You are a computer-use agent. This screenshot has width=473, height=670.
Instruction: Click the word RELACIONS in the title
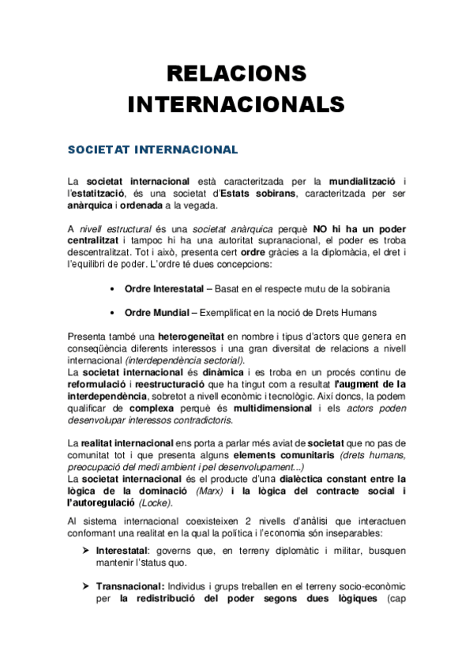click(236, 75)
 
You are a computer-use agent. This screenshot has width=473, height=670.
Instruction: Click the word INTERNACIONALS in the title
click(236, 104)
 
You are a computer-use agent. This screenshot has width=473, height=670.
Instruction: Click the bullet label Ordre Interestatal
click(161, 288)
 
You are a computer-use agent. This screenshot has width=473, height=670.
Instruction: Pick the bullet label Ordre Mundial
click(155, 313)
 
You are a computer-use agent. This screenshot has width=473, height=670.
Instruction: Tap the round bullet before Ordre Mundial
click(115, 313)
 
